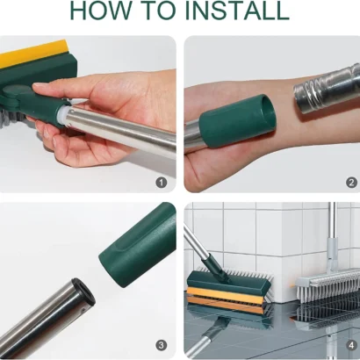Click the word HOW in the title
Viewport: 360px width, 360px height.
pos(102,11)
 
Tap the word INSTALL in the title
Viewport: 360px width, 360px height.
pos(235,11)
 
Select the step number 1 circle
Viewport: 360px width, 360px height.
pos(161,182)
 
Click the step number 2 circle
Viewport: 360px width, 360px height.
pos(350,182)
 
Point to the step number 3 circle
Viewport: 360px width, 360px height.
pos(161,344)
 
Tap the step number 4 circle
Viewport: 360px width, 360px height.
pos(350,344)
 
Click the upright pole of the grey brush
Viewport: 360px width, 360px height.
pos(330,237)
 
